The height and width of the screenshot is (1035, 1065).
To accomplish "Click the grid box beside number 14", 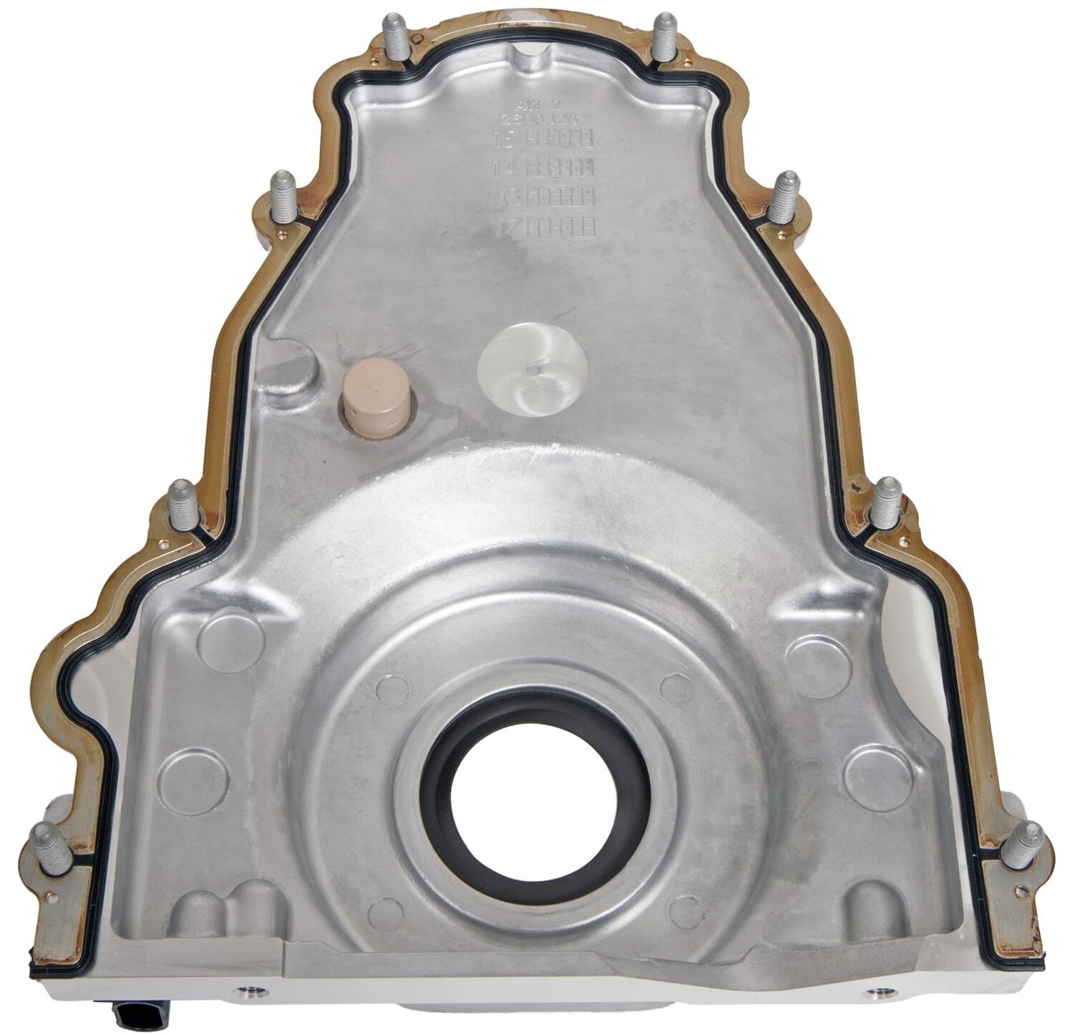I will click(x=560, y=167).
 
